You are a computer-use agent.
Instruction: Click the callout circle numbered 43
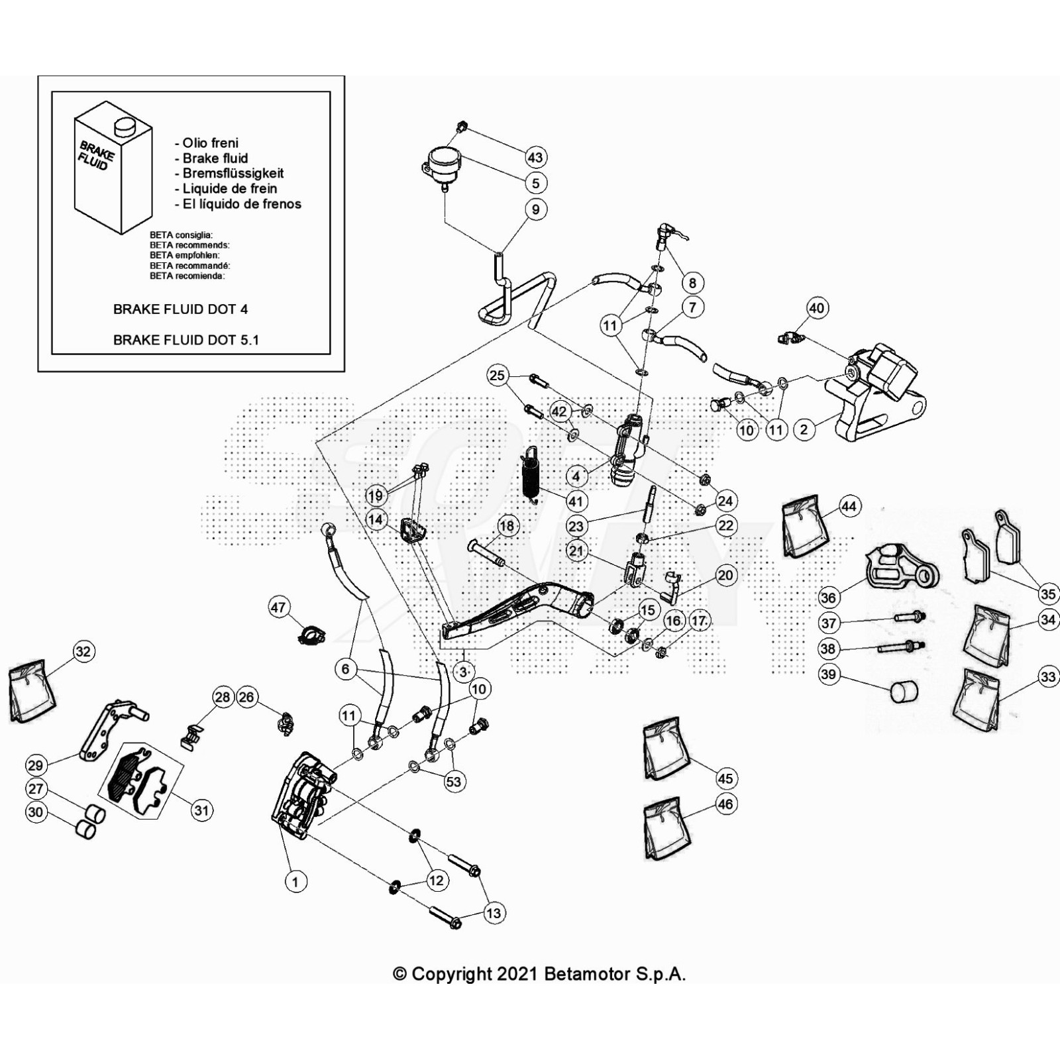(x=535, y=157)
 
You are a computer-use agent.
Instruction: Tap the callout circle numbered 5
(x=535, y=183)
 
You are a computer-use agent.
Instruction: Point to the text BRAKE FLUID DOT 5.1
(x=185, y=340)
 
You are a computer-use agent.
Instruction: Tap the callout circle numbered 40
(x=816, y=307)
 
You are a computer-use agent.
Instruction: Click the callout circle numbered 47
(x=279, y=607)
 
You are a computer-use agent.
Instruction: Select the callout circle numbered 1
(x=295, y=881)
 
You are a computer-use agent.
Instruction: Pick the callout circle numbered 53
(x=453, y=781)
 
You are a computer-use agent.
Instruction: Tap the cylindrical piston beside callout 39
(x=904, y=692)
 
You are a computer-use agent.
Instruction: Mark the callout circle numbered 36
(x=828, y=597)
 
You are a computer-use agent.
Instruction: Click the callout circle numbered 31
(x=201, y=810)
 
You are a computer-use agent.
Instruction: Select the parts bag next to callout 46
(x=665, y=829)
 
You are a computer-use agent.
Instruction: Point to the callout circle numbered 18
(x=507, y=526)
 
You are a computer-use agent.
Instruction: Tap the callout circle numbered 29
(x=36, y=765)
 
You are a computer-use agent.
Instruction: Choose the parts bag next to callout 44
(x=805, y=528)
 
